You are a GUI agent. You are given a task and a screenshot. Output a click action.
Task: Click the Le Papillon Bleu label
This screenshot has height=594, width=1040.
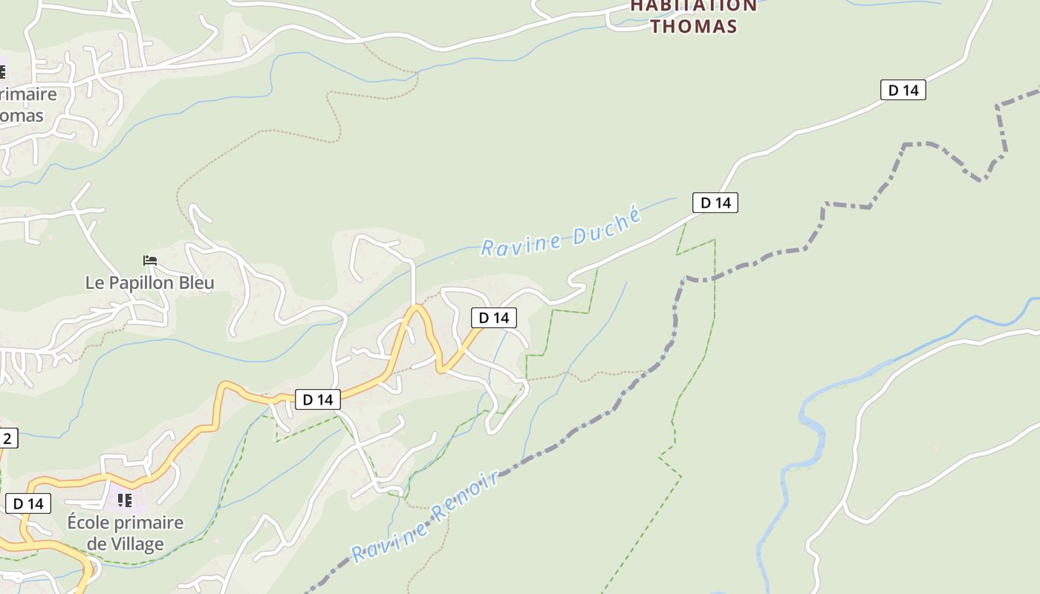(x=149, y=283)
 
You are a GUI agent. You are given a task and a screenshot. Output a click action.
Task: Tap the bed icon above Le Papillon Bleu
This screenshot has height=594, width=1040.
(x=150, y=261)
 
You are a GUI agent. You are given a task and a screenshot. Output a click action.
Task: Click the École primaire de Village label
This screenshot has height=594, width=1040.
(x=125, y=533)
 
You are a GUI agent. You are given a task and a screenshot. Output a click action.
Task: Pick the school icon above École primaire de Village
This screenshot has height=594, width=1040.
(x=125, y=500)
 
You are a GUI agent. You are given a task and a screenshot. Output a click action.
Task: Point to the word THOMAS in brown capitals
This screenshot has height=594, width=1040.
(x=694, y=27)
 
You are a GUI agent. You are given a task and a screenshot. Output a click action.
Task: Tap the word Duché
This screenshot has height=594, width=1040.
(x=606, y=226)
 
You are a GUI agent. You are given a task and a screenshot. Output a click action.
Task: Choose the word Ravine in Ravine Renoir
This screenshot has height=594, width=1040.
(x=389, y=540)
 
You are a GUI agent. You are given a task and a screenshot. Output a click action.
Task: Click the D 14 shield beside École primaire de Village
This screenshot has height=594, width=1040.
(x=28, y=503)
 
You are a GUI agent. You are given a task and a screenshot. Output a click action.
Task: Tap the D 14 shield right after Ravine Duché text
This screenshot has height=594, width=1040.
(x=715, y=203)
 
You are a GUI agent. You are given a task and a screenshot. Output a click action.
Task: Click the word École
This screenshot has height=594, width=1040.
(x=87, y=523)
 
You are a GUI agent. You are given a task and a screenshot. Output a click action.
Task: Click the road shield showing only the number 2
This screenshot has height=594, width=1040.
(x=7, y=438)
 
